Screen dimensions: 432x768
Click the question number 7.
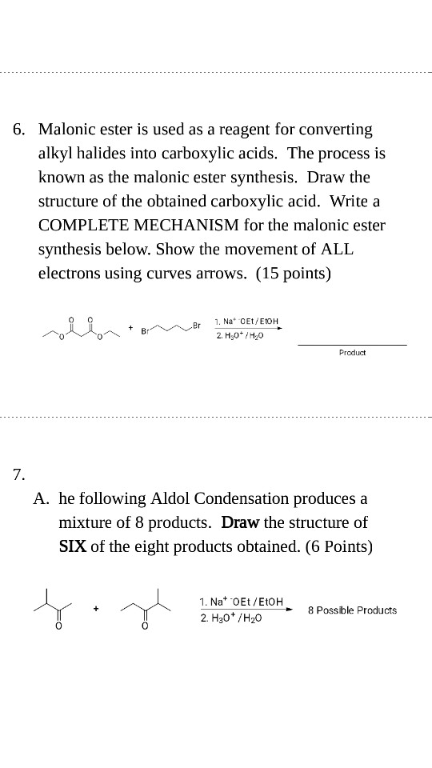(18, 474)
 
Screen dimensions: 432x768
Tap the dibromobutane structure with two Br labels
(170, 327)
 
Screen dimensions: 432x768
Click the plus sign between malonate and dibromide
(130, 326)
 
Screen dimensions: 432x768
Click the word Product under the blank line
(352, 352)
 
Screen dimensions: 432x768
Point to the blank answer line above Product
(352, 344)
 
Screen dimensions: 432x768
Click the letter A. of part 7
(42, 498)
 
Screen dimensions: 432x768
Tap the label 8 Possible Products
(353, 610)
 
